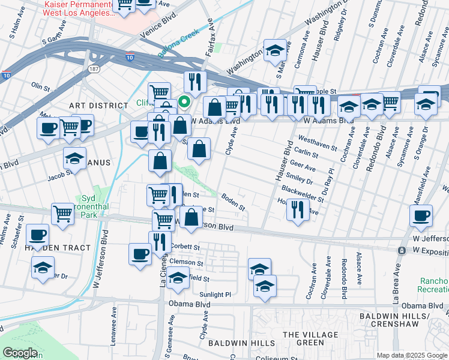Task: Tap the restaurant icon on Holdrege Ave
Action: pyautogui.click(x=298, y=210)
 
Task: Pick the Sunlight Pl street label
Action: pyautogui.click(x=215, y=295)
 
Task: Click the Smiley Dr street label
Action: pyautogui.click(x=300, y=179)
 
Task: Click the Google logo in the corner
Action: pyautogui.click(x=20, y=352)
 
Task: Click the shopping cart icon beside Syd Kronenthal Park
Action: pyautogui.click(x=62, y=214)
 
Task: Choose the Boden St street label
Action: pyautogui.click(x=234, y=200)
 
